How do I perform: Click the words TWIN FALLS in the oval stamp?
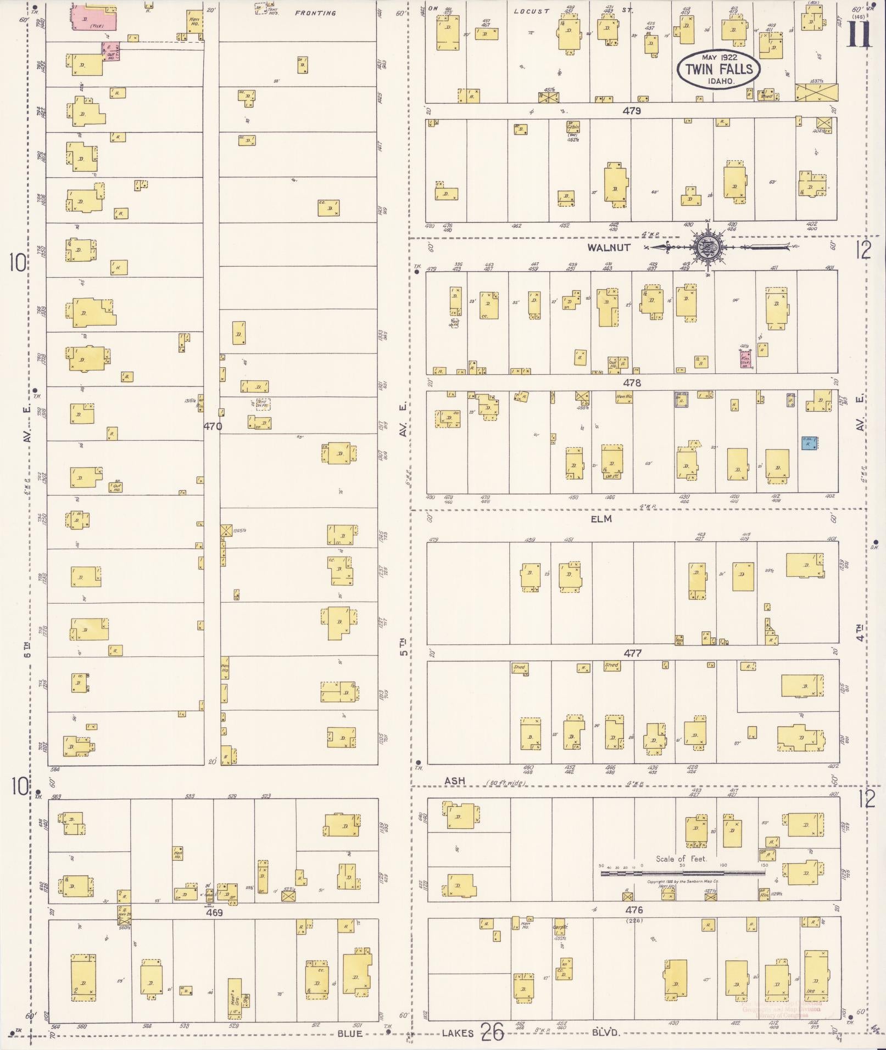(719, 70)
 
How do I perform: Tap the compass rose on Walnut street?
(706, 248)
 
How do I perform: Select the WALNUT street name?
(609, 248)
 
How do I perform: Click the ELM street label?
(601, 519)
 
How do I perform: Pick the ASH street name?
(454, 781)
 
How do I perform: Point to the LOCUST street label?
(531, 11)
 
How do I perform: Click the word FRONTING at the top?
(315, 13)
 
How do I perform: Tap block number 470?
(213, 425)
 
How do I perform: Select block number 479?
(632, 111)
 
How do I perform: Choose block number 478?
(632, 383)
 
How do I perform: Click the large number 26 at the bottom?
(493, 1032)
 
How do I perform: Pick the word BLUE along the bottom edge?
(349, 1034)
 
